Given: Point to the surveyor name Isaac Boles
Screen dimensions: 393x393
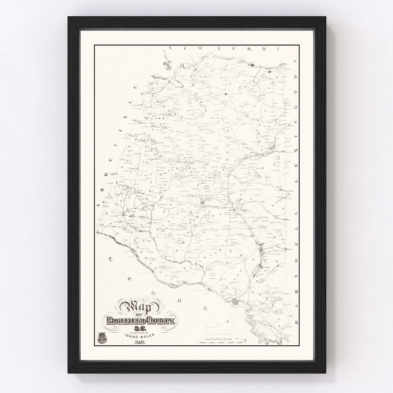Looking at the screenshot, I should pos(140,337).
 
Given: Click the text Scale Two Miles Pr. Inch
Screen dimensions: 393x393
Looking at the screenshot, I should pos(221,339).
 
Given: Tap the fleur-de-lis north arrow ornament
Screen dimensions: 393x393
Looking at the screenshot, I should pos(168,64).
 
